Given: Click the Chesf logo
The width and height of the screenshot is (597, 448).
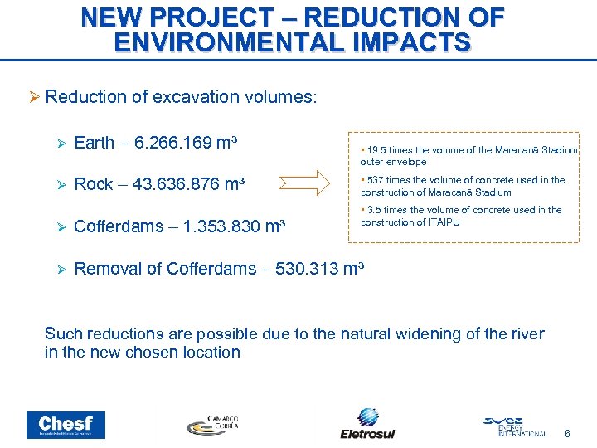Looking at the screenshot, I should point(66,425).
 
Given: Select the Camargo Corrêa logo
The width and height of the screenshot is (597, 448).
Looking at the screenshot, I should point(212,424).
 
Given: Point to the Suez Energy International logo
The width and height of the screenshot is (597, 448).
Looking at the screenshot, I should point(514,426).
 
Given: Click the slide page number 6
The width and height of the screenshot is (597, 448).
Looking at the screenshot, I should point(567,434).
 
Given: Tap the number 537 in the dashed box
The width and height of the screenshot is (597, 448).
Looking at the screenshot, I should point(374,180).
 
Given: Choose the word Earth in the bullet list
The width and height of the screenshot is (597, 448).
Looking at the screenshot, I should point(95,143).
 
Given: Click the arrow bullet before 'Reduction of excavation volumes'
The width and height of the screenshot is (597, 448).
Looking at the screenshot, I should point(34,98).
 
